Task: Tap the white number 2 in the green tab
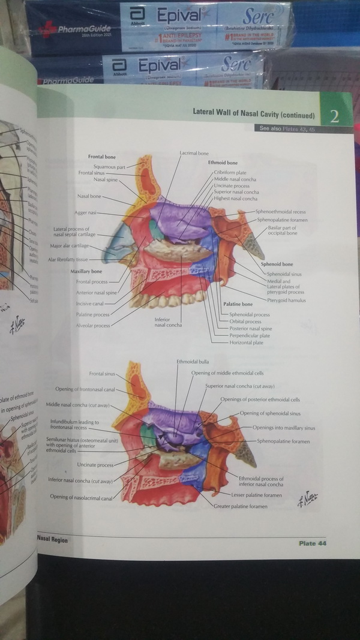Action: (335, 116)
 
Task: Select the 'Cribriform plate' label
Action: (230, 172)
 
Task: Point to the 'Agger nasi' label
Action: (85, 212)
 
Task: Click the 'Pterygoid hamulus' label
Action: (287, 300)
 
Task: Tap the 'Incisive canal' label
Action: (90, 304)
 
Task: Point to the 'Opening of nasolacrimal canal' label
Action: (81, 497)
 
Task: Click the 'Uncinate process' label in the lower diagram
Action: (95, 465)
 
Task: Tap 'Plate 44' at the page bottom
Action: (312, 543)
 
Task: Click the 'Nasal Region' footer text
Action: (52, 540)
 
